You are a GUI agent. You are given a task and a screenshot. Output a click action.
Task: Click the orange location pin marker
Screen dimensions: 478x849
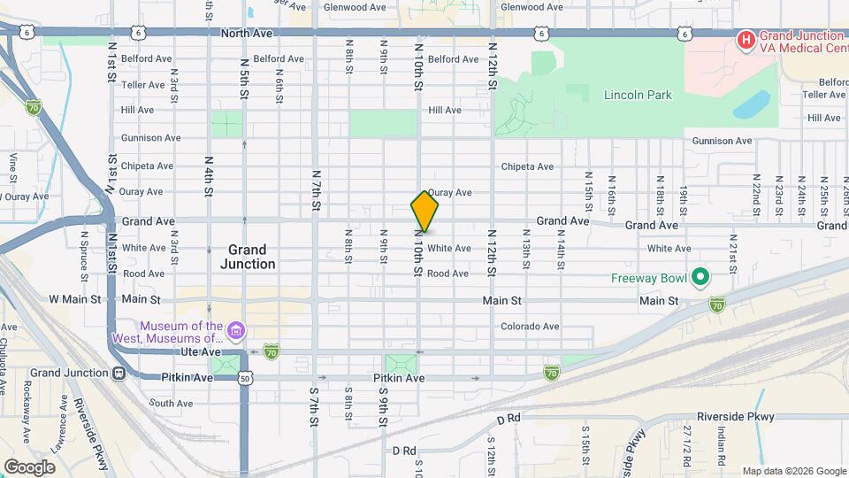click(x=424, y=211)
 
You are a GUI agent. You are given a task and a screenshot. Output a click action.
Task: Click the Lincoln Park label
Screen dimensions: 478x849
click(x=638, y=95)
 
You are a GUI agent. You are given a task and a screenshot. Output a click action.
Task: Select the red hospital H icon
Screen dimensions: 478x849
click(x=746, y=40)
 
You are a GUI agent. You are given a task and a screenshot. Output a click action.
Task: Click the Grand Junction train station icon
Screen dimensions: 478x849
click(x=119, y=373)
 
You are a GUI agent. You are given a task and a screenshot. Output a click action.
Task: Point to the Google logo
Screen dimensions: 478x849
click(x=30, y=466)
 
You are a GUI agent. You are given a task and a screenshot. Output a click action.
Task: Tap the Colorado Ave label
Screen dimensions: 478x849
click(x=530, y=326)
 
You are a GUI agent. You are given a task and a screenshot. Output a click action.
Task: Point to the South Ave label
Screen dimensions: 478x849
click(x=171, y=403)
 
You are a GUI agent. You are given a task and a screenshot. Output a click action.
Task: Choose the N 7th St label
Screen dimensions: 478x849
click(x=315, y=188)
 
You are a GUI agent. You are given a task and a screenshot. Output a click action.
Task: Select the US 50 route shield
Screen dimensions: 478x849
click(x=244, y=378)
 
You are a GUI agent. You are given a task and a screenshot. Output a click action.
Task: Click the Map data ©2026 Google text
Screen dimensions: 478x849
click(x=792, y=471)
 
